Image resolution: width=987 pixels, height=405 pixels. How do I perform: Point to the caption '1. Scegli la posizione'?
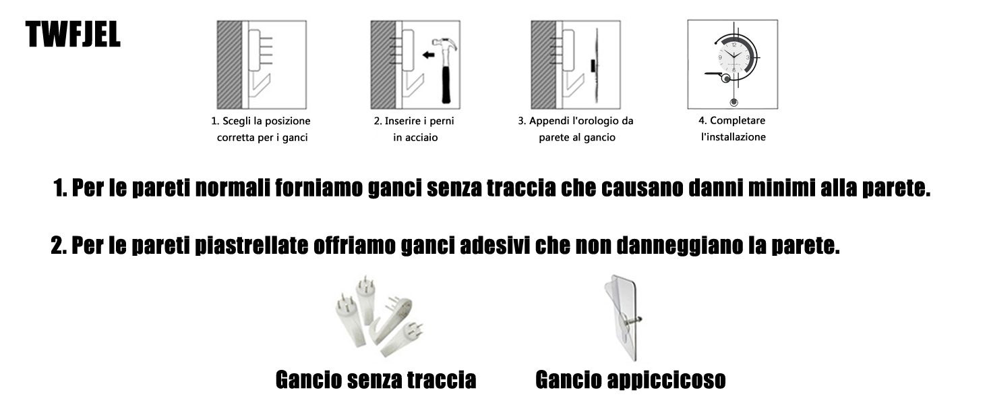point(261,122)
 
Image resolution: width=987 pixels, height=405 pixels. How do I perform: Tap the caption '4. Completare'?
point(731,121)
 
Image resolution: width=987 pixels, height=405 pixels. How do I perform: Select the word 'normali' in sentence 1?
point(233,188)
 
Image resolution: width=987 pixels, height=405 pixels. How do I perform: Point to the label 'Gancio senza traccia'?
point(376,380)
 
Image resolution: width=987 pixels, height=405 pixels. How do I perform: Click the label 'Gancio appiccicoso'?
point(630,380)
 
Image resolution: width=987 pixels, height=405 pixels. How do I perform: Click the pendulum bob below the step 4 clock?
point(733,103)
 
